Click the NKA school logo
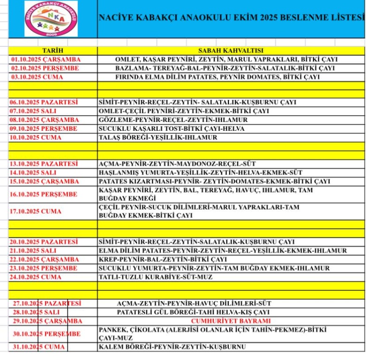(51, 19)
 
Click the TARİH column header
(53, 51)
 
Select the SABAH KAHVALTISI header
(231, 51)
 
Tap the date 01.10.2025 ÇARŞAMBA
(46, 60)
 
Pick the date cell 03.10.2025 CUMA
(37, 77)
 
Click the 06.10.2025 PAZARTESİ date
(45, 102)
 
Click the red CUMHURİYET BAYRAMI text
(231, 321)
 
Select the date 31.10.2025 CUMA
(37, 347)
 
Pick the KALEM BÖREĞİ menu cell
(172, 347)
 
